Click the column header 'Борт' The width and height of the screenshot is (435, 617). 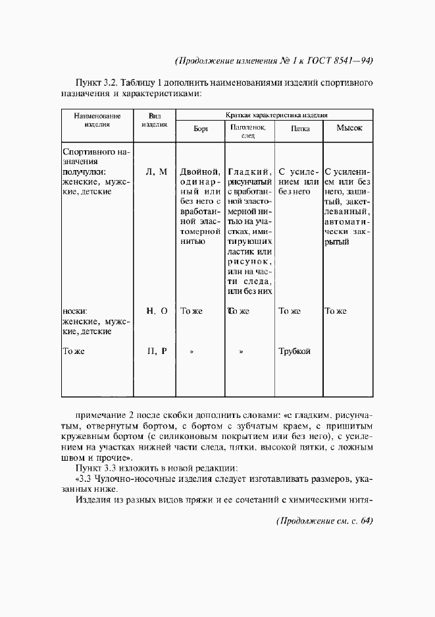point(201,129)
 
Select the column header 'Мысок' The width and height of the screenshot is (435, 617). point(349,129)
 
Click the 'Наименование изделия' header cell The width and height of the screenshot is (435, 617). point(97,119)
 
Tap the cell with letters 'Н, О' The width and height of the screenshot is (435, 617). point(156,310)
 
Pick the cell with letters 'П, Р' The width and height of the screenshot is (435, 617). point(156,351)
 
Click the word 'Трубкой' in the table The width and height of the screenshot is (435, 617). point(294,351)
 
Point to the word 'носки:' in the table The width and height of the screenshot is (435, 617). point(76,311)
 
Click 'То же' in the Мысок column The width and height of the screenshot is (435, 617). point(336,311)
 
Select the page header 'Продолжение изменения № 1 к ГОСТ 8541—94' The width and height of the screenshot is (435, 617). point(274,61)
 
